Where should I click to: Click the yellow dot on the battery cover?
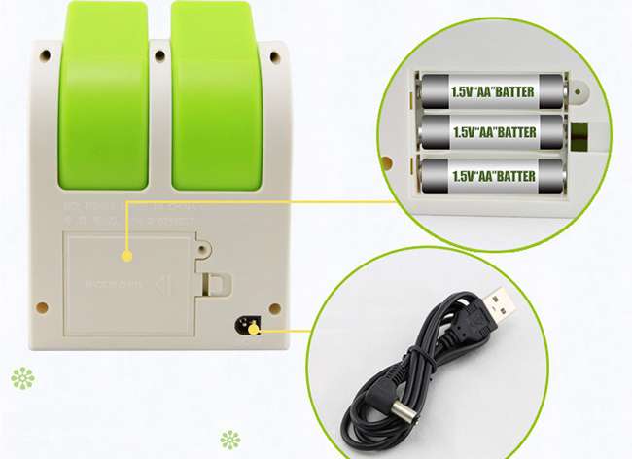(127, 256)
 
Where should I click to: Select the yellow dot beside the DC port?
(254, 329)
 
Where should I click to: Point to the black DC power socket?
(244, 325)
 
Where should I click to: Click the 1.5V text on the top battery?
(466, 93)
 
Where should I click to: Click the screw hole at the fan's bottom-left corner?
(43, 308)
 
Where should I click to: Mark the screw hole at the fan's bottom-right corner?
(275, 309)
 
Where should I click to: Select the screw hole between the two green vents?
(159, 56)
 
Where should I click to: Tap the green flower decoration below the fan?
(229, 439)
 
